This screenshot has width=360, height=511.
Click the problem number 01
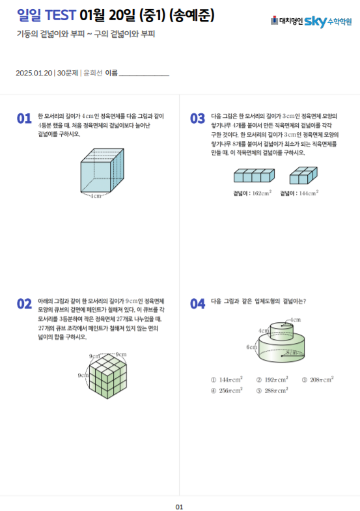coord(24,118)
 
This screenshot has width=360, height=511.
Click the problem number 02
coord(24,304)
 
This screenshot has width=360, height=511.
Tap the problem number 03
coord(197,118)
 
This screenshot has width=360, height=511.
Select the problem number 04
coord(197,304)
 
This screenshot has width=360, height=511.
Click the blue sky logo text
coord(315,22)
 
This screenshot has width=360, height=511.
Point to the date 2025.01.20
coord(34,73)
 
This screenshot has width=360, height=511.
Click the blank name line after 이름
coord(144,76)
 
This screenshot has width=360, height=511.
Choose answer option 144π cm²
coord(227,380)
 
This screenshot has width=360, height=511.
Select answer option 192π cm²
coord(272,380)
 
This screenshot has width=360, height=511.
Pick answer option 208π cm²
coord(318,380)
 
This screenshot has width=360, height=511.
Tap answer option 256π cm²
coord(227,391)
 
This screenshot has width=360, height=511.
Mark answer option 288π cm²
coord(272,391)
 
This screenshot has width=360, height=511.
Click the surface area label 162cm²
coord(262,193)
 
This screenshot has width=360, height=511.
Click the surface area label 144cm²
coord(309,193)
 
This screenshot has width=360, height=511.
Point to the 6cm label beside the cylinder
coord(251,347)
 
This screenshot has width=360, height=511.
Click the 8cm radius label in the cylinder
coord(292,353)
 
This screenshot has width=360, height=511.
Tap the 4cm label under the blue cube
coord(96,196)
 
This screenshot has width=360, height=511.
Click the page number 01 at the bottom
coord(179,506)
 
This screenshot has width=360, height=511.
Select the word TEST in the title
coord(61,15)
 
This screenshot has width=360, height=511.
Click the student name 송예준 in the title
coord(192,16)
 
